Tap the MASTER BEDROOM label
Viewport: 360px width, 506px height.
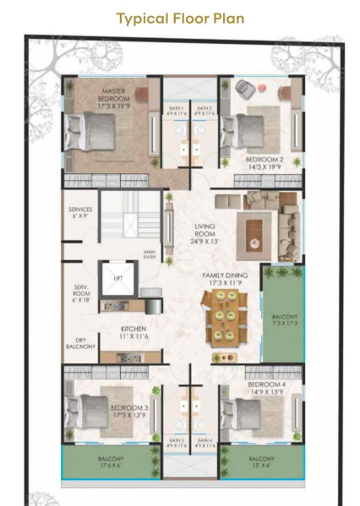[x=112, y=95]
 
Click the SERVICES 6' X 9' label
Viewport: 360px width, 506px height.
[x=81, y=213]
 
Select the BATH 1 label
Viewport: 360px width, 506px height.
[x=176, y=111]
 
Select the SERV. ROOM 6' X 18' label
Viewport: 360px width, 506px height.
[x=81, y=293]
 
